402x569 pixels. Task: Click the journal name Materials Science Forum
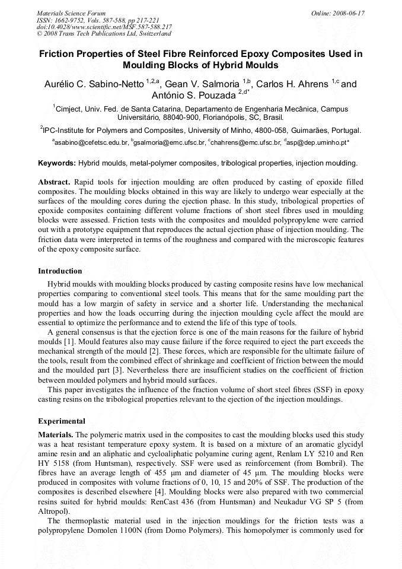pyautogui.click(x=71, y=12)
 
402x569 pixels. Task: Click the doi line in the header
pyautogui.click(x=104, y=27)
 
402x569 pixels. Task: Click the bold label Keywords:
pyautogui.click(x=57, y=163)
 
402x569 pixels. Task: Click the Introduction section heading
pyautogui.click(x=60, y=271)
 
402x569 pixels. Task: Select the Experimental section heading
pyautogui.click(x=62, y=421)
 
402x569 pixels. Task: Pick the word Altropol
pyautogui.click(x=53, y=511)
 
